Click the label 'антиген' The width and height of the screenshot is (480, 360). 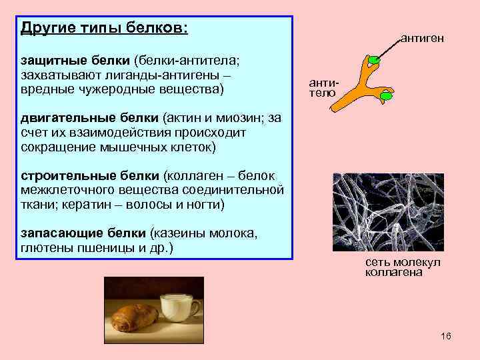tap(422, 39)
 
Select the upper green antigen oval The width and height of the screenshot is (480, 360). tap(375, 60)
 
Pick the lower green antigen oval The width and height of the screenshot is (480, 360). tap(386, 96)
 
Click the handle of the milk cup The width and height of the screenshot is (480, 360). tap(195, 308)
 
